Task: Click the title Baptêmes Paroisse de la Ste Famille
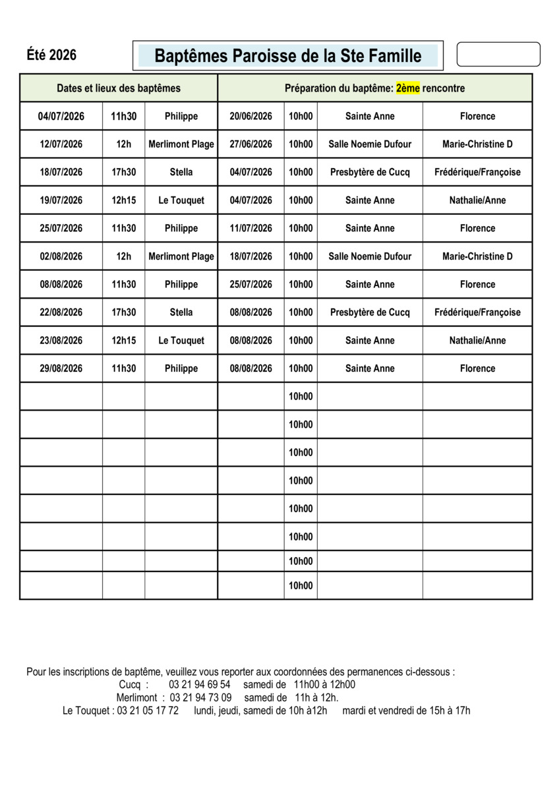click(x=287, y=56)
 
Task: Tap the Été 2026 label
click(x=51, y=55)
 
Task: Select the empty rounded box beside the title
click(x=498, y=55)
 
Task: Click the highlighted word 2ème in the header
click(x=408, y=88)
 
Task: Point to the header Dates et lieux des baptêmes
click(x=119, y=88)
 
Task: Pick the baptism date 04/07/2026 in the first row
click(x=61, y=116)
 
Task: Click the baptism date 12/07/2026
click(x=61, y=144)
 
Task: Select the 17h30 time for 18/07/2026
click(x=123, y=172)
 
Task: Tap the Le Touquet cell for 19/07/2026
click(x=181, y=200)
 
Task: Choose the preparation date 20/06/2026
click(x=250, y=116)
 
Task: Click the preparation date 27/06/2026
click(x=250, y=144)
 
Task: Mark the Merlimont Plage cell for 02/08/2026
click(x=181, y=256)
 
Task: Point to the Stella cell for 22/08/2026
click(x=181, y=312)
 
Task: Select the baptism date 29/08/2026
click(x=61, y=368)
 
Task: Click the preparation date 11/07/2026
click(x=250, y=228)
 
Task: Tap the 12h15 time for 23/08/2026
click(x=123, y=341)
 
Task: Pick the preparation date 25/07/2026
click(x=250, y=284)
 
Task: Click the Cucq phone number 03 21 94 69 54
click(x=200, y=685)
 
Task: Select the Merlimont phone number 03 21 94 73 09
click(x=200, y=697)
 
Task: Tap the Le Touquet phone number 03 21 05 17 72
click(x=148, y=711)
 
